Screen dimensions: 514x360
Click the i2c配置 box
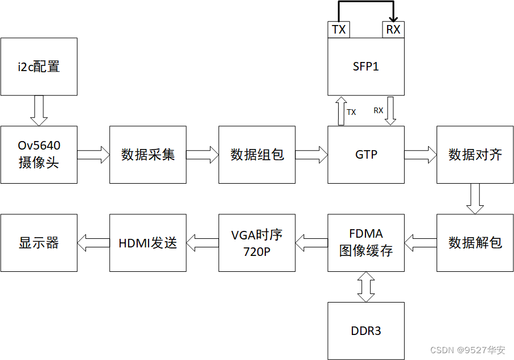tap(39, 67)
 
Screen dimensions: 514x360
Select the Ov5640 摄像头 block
tap(39, 155)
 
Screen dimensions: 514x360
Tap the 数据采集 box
tap(148, 155)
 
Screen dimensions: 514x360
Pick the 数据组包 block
tap(257, 155)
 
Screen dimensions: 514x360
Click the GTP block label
tap(366, 155)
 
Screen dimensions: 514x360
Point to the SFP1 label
tap(366, 67)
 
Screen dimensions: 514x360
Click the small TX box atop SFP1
tap(339, 30)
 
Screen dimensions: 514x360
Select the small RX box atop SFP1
tap(393, 30)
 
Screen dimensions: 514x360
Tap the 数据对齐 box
tap(475, 155)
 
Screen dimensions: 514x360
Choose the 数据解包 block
tap(475, 243)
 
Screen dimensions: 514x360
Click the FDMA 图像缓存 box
tap(366, 243)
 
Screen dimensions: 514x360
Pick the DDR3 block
tap(366, 331)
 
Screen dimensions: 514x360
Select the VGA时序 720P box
tap(257, 243)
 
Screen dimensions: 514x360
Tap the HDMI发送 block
tap(148, 243)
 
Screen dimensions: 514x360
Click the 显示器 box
tap(39, 243)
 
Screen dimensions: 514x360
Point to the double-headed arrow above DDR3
tap(366, 287)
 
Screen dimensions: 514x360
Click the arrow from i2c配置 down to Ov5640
tap(39, 111)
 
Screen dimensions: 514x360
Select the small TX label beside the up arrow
tap(351, 112)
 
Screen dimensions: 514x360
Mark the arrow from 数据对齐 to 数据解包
tap(475, 199)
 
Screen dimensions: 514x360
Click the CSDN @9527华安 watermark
tap(468, 350)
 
